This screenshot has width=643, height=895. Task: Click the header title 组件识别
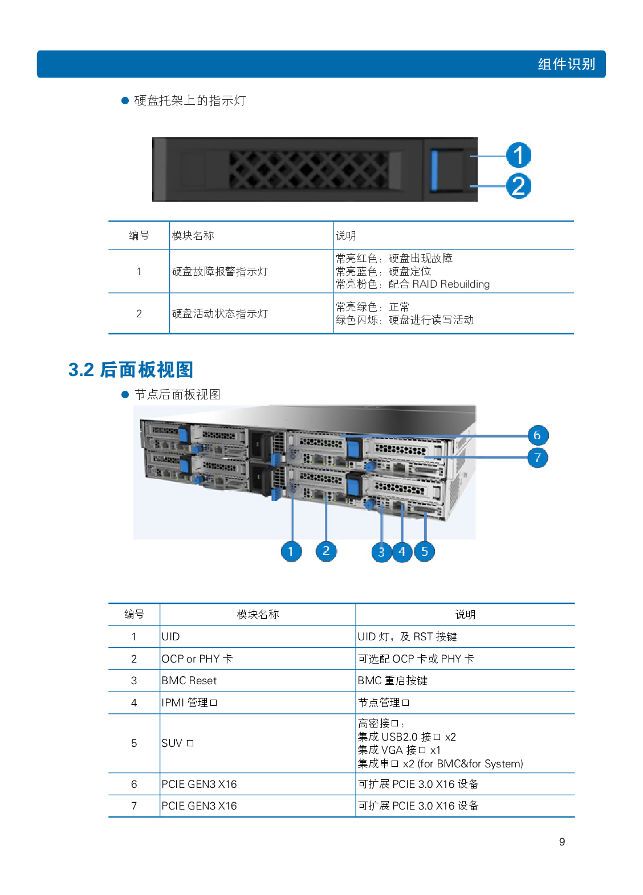566,64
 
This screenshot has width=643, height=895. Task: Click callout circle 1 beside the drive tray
518,156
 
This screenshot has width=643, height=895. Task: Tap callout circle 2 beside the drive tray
518,186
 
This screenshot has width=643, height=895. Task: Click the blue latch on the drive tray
435,170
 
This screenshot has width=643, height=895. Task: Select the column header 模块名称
193,236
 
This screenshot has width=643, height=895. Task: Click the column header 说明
345,236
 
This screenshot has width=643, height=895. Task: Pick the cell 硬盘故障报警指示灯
219,272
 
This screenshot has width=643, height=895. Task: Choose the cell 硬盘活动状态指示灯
219,314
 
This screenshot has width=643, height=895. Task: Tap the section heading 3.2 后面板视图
131,370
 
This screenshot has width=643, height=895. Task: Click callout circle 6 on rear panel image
537,435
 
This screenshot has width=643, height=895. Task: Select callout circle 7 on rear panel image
537,457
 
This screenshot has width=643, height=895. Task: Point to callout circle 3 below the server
381,551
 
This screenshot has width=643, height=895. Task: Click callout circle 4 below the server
402,551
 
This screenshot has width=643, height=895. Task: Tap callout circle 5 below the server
424,551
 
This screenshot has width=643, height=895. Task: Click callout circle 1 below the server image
291,551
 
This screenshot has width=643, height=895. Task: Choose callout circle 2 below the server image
326,551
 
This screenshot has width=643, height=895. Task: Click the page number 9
562,842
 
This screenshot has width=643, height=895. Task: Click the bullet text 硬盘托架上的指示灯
190,101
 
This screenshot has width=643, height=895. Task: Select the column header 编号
139,236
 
